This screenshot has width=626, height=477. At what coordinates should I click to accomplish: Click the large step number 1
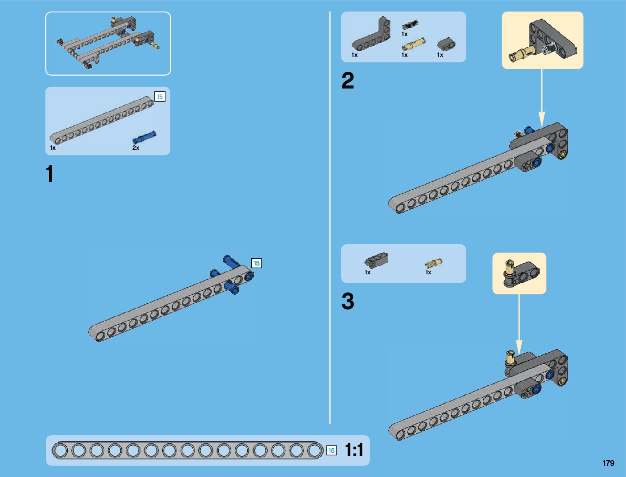[x=50, y=174]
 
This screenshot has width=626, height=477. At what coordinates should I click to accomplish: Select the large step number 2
[x=348, y=81]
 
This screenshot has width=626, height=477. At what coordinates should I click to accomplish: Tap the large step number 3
[x=348, y=301]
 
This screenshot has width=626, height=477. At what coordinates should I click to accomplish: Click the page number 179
[x=608, y=463]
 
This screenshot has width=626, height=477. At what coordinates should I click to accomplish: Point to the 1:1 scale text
[x=354, y=450]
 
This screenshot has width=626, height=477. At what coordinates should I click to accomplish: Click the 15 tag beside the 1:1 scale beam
[x=331, y=451]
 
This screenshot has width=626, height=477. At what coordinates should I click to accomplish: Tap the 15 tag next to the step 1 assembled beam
[x=256, y=263]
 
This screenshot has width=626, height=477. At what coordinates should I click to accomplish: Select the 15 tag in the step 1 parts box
[x=160, y=97]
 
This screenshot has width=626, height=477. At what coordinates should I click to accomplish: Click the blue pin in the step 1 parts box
[x=144, y=137]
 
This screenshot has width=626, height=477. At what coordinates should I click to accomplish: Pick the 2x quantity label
[x=136, y=148]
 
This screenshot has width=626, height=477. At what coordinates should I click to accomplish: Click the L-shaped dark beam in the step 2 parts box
[x=372, y=36]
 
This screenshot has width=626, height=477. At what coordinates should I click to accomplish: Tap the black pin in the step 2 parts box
[x=410, y=25]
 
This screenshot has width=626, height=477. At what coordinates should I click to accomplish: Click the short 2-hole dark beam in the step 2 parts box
[x=446, y=44]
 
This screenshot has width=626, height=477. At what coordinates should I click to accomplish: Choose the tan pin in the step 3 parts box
[x=433, y=263]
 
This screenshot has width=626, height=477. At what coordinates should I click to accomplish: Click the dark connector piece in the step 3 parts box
[x=376, y=260]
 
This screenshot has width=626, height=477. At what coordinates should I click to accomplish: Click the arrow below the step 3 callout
[x=519, y=324]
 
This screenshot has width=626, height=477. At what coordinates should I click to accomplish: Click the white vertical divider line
[x=330, y=216]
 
